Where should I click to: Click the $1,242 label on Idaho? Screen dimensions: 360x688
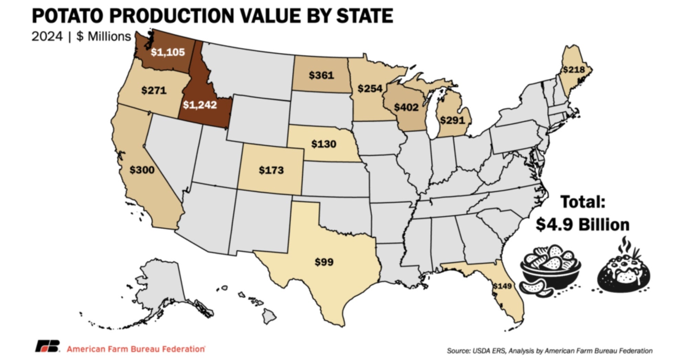[200, 105]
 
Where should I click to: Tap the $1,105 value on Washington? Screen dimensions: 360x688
[168, 52]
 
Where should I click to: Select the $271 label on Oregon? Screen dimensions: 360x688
[154, 90]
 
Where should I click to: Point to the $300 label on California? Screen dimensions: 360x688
[142, 170]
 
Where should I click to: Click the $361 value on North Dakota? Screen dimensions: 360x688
[321, 75]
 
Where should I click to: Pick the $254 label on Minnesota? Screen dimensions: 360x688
[370, 89]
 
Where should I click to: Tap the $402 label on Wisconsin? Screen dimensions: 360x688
[406, 107]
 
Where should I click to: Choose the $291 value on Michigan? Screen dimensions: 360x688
[452, 120]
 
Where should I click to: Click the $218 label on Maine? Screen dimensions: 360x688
[574, 70]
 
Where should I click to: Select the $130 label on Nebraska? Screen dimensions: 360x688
[324, 144]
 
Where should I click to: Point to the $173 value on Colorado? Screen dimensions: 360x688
[271, 170]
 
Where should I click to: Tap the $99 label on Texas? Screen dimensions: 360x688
[324, 262]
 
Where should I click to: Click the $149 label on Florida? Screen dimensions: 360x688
[502, 286]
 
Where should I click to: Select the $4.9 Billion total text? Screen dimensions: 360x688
[582, 225]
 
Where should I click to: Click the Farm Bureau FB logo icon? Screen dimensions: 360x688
[47, 346]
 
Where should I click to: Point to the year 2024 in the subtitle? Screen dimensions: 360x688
[47, 36]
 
